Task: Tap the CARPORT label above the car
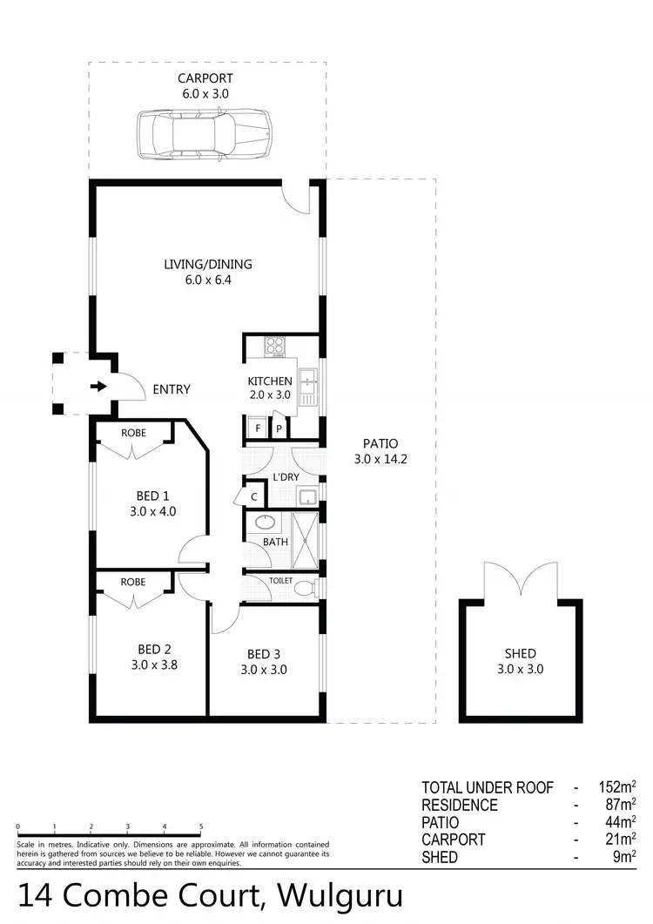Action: pyautogui.click(x=206, y=78)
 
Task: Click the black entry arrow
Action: pyautogui.click(x=98, y=387)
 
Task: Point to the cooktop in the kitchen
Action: pyautogui.click(x=276, y=346)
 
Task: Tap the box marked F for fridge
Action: pyautogui.click(x=257, y=428)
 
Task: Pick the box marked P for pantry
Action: pyautogui.click(x=279, y=428)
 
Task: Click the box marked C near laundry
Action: pyautogui.click(x=254, y=496)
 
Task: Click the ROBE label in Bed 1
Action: pyautogui.click(x=133, y=433)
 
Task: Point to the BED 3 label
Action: pyautogui.click(x=264, y=654)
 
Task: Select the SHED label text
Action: pyautogui.click(x=521, y=654)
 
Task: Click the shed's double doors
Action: pyautogui.click(x=521, y=579)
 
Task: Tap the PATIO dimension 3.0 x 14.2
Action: pyautogui.click(x=380, y=459)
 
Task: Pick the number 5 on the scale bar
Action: pyautogui.click(x=201, y=827)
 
